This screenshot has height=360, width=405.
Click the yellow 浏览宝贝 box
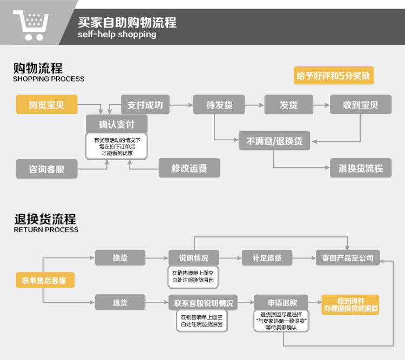pyautogui.click(x=46, y=105)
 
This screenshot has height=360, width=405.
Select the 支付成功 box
pyautogui.click(x=145, y=105)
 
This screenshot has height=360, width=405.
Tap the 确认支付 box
pyautogui.click(x=117, y=124)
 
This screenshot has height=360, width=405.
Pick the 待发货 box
pyautogui.click(x=219, y=105)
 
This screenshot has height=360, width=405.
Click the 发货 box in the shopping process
pyautogui.click(x=289, y=105)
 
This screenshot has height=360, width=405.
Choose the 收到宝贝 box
pyautogui.click(x=360, y=105)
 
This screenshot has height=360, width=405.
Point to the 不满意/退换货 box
pyautogui.click(x=274, y=141)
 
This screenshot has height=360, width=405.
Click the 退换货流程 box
pyautogui.click(x=360, y=168)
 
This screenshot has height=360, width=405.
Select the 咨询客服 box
pyautogui.click(x=46, y=169)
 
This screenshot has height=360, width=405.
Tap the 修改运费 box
pyautogui.click(x=189, y=168)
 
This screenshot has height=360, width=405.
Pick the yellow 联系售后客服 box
pyautogui.click(x=45, y=280)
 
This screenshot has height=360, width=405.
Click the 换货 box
pyautogui.click(x=120, y=258)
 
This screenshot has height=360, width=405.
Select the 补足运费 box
pyautogui.click(x=267, y=258)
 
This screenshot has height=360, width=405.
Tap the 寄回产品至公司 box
pyautogui.click(x=348, y=258)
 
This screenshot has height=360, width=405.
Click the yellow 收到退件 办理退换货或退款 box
pyautogui.click(x=350, y=305)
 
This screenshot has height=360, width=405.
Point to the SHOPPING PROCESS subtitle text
pyautogui.click(x=49, y=79)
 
